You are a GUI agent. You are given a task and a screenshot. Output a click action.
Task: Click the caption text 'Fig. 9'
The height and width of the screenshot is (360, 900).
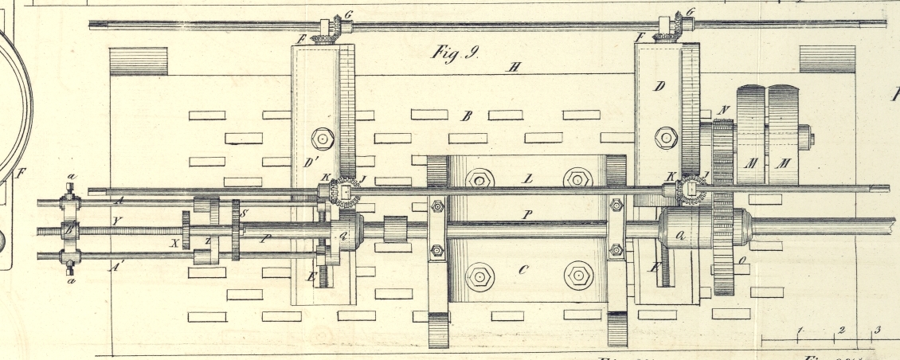click(x=454, y=53)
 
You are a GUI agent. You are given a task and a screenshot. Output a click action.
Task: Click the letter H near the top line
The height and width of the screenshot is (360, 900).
click(x=515, y=67)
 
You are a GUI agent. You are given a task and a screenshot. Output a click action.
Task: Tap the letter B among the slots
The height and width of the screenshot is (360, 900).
click(x=468, y=116)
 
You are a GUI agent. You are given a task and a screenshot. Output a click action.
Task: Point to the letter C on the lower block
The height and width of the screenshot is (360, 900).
click(x=523, y=270)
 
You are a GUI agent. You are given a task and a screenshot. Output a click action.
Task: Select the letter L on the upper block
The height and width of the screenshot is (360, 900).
click(x=526, y=178)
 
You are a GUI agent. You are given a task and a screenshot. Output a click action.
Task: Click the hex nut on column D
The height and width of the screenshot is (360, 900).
click(x=666, y=138)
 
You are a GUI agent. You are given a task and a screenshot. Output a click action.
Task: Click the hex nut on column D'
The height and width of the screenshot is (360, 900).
click(x=323, y=139)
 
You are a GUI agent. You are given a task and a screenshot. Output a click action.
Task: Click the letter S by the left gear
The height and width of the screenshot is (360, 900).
click(x=245, y=213)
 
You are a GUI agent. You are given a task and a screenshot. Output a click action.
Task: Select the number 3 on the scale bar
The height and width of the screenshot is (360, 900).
click(x=878, y=330)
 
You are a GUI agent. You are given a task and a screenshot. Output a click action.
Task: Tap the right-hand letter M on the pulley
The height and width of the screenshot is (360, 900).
click(x=785, y=163)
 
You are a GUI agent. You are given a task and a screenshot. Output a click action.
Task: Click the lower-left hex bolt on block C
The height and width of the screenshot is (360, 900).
click(x=479, y=277)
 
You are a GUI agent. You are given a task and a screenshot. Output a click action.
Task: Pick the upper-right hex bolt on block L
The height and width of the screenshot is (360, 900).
click(x=577, y=179)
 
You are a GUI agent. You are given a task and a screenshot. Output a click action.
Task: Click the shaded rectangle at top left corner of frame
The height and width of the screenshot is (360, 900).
click(x=138, y=61)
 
